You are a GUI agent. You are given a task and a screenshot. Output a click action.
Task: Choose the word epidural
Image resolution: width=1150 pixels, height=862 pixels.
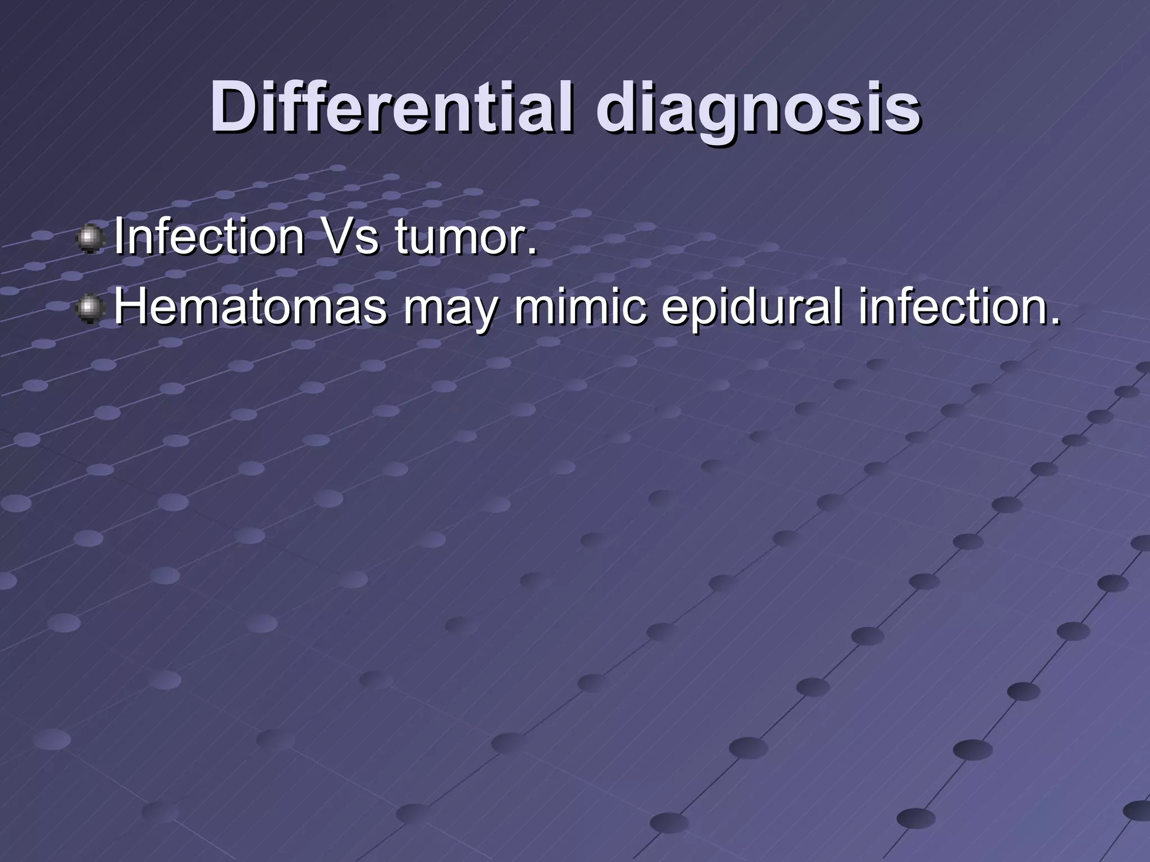(752, 308)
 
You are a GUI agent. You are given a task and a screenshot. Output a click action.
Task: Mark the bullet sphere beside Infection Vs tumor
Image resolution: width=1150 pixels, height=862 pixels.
(90, 240)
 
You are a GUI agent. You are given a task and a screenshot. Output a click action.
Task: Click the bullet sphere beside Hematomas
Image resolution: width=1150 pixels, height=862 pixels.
(90, 309)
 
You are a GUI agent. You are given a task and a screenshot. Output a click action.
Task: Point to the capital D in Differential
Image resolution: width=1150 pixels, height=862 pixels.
(232, 107)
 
